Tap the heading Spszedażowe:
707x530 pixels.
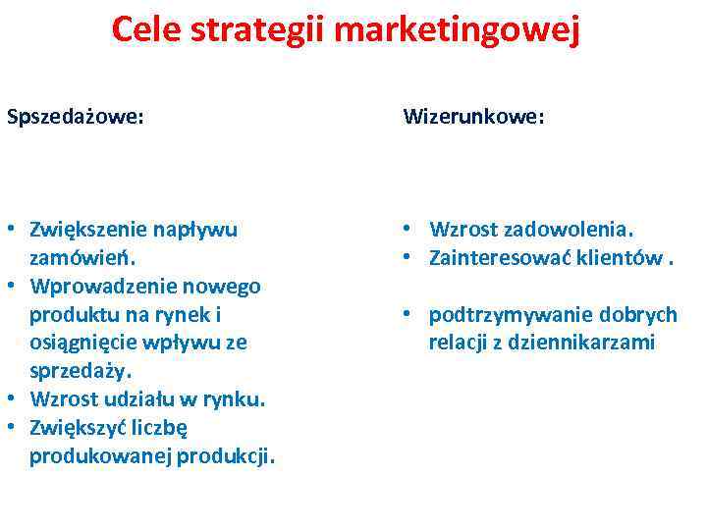[76, 117]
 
